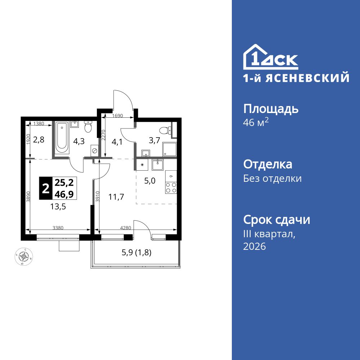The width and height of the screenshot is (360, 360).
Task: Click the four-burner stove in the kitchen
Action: click(x=171, y=188)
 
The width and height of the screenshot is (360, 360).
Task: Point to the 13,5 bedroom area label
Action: click(x=58, y=207)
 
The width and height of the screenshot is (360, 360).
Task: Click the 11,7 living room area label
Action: click(x=116, y=197)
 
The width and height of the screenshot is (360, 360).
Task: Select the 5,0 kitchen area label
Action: click(x=150, y=181)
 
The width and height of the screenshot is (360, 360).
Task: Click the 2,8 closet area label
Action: click(x=39, y=140)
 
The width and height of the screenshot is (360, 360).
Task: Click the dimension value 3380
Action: click(x=59, y=228)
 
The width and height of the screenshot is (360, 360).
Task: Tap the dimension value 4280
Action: click(x=126, y=228)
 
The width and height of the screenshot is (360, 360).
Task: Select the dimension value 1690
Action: click(x=117, y=116)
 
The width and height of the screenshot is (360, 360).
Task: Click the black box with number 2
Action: click(x=46, y=188)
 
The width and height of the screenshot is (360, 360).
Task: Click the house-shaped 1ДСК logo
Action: click(x=270, y=57)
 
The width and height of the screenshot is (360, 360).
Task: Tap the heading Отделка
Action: click(x=268, y=165)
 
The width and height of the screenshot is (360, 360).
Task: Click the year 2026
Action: click(x=255, y=247)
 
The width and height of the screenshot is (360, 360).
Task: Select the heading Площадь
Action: click(x=271, y=109)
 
